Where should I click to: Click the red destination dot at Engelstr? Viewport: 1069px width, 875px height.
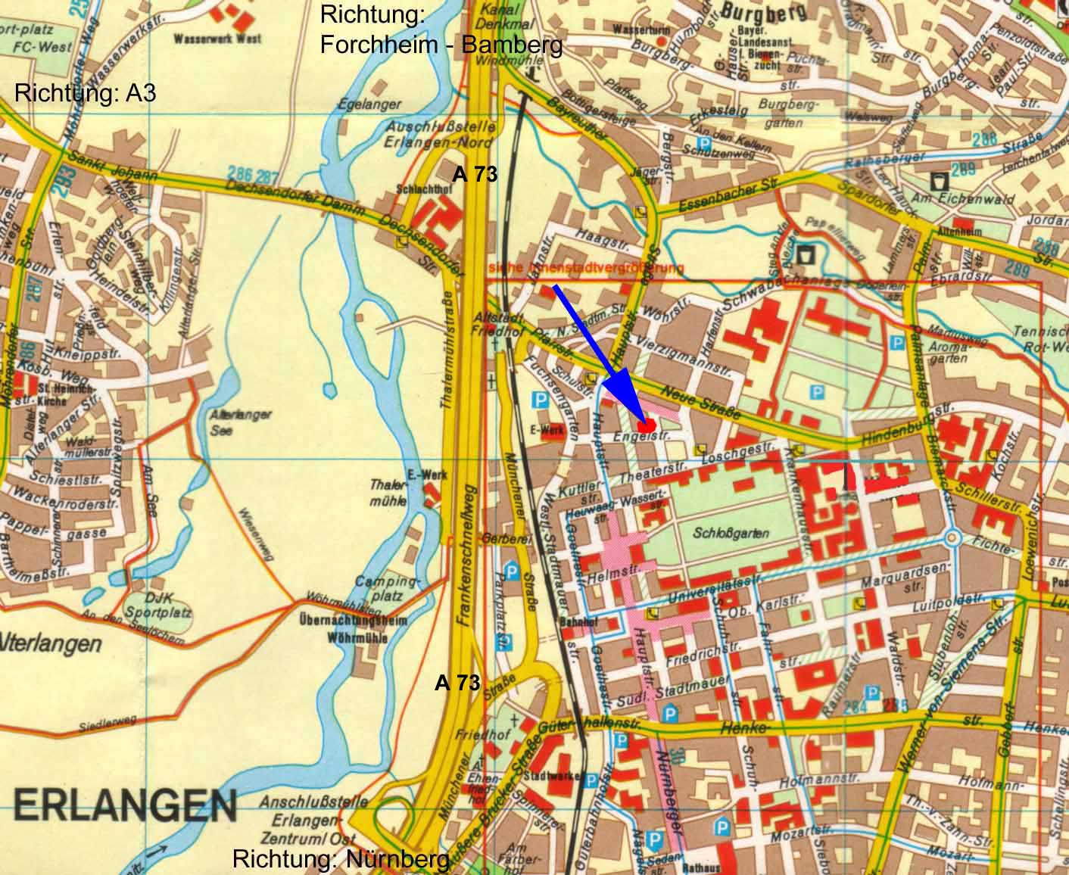pyautogui.click(x=646, y=425)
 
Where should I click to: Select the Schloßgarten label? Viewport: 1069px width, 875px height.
pyautogui.click(x=731, y=533)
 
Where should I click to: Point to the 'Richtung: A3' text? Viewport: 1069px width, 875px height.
pyautogui.click(x=86, y=94)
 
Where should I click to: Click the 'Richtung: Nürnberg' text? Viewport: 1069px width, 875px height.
pyautogui.click(x=341, y=860)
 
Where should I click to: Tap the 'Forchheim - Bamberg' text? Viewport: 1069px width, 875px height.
pyautogui.click(x=441, y=45)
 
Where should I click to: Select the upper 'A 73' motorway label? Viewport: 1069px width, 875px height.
pyautogui.click(x=475, y=174)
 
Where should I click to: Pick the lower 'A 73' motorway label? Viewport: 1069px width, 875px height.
pyautogui.click(x=457, y=683)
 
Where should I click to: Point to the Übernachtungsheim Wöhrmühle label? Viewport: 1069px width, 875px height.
pyautogui.click(x=354, y=629)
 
